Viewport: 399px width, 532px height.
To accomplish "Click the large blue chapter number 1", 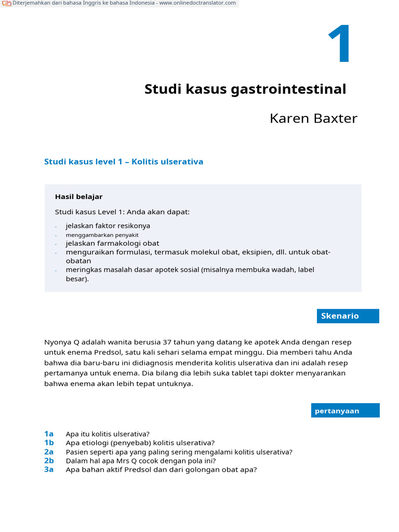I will pyautogui.click(x=340, y=45).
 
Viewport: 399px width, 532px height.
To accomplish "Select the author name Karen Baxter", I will pyautogui.click(x=313, y=118).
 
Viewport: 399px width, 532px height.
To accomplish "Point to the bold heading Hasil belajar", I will pyautogui.click(x=78, y=197).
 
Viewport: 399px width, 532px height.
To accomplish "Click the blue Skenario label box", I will pyautogui.click(x=348, y=316).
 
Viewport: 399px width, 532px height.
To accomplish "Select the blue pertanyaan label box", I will pyautogui.click(x=345, y=411).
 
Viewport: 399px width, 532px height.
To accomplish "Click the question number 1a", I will pyautogui.click(x=49, y=434).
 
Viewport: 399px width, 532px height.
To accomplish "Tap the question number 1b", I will pyautogui.click(x=49, y=443).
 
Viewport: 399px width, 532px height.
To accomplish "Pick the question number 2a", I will pyautogui.click(x=49, y=452).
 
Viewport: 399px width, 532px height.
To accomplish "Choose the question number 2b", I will pyautogui.click(x=49, y=461).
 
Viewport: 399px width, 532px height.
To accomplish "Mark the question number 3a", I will pyautogui.click(x=49, y=470).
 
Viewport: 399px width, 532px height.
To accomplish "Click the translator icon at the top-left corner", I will pyautogui.click(x=7, y=4).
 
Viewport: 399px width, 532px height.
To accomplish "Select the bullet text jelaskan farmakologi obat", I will pyautogui.click(x=112, y=243).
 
